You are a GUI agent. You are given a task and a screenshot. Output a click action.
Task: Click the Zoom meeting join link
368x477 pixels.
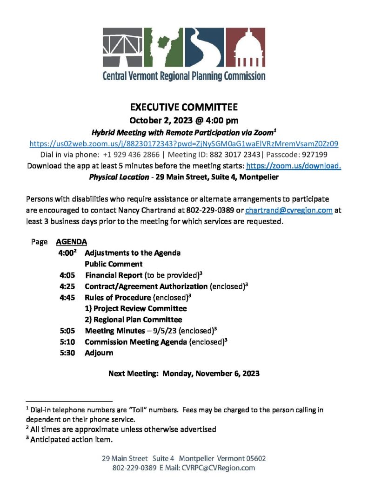click(184, 143)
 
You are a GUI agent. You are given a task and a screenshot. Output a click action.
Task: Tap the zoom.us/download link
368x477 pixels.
click(294, 166)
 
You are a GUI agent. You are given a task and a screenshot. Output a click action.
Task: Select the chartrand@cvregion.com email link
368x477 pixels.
click(288, 210)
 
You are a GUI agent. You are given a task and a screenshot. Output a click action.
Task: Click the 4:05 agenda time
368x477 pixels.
click(67, 275)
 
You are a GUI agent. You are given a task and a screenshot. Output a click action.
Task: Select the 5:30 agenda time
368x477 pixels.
click(67, 353)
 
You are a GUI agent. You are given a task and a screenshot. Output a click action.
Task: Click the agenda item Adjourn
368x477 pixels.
click(99, 353)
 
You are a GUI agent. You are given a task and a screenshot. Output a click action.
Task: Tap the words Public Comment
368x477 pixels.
click(114, 264)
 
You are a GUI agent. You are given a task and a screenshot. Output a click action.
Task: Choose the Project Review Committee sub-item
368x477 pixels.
click(135, 308)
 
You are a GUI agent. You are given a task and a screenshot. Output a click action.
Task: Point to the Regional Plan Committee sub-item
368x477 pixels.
click(133, 320)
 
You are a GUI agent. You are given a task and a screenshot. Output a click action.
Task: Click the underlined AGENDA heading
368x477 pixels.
click(71, 242)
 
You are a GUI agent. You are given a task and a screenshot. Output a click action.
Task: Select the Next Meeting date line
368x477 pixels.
click(184, 373)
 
